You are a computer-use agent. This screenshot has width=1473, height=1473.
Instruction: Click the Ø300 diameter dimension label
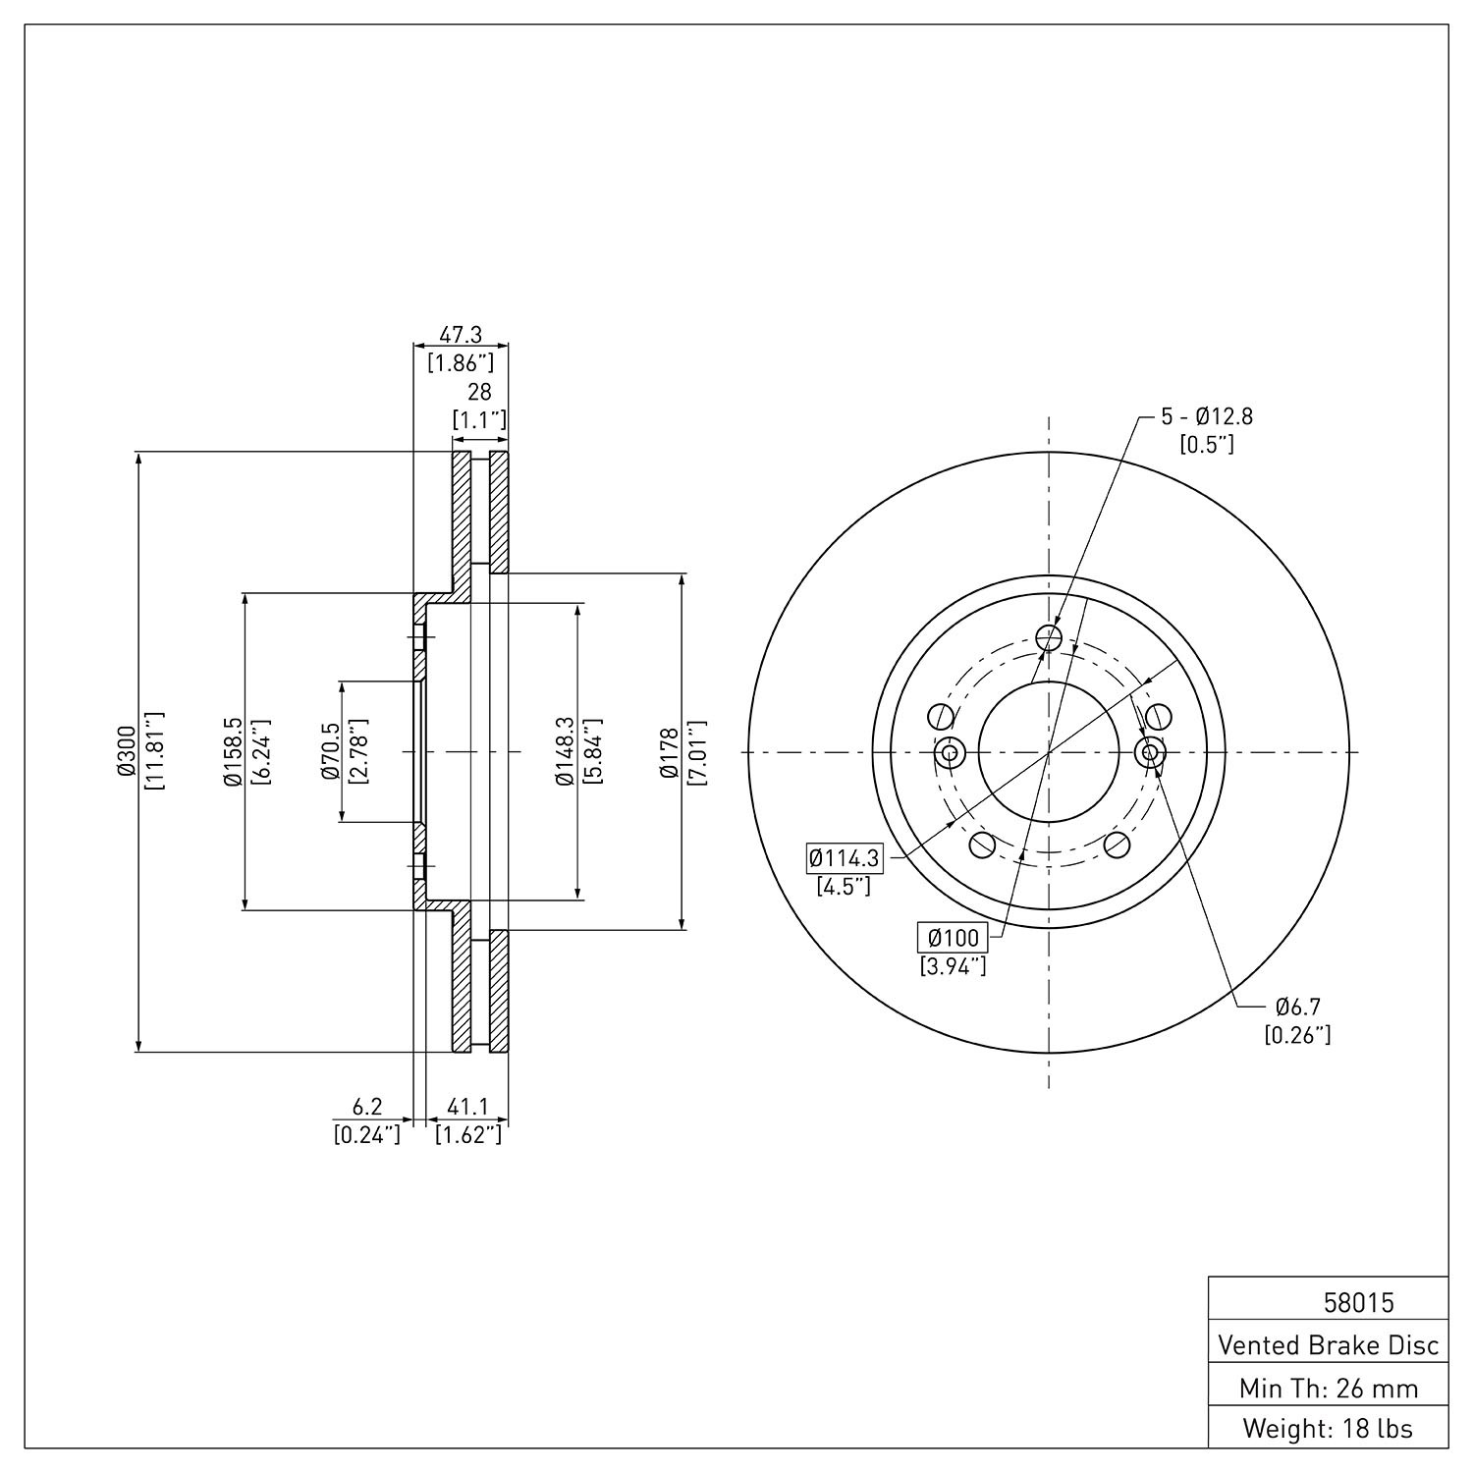pos(125,752)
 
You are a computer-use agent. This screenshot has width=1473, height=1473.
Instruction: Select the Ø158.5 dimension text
pos(232,752)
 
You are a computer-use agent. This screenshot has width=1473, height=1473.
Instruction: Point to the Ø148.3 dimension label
pos(564,752)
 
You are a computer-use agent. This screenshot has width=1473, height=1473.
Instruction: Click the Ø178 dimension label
pos(670,752)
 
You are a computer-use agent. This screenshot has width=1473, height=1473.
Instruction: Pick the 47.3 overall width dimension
pos(461,335)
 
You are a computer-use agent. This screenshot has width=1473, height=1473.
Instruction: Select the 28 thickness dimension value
pos(479,392)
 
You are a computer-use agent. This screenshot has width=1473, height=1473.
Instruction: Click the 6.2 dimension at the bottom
pos(367,1108)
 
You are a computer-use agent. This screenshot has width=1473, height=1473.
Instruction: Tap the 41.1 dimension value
pos(468,1108)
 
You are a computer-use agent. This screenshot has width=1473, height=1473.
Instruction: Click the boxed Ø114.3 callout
pos(844,859)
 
